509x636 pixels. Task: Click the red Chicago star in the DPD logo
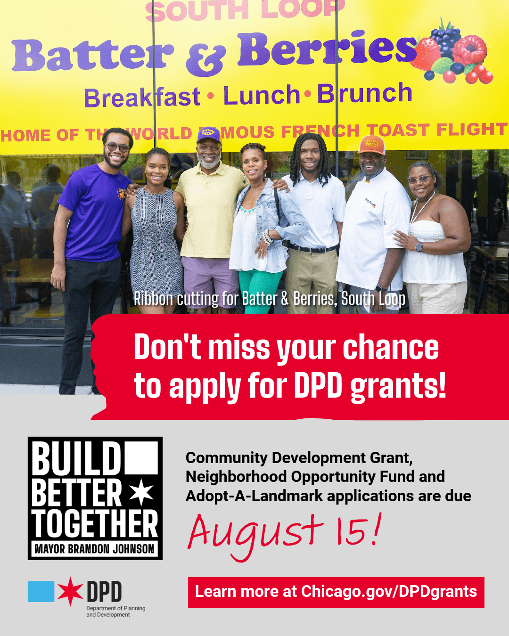[x=70, y=591]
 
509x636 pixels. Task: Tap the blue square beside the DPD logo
[x=41, y=591]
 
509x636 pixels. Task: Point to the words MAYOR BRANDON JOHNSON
[x=95, y=549]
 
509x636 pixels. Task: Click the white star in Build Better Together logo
[x=141, y=492]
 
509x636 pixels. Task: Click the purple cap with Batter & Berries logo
[x=209, y=135]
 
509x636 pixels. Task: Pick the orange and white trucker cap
[x=371, y=145]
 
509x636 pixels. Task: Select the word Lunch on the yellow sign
[x=262, y=95]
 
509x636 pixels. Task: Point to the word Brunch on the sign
[x=365, y=93]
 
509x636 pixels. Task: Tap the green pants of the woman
[x=260, y=291]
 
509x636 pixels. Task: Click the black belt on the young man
[x=312, y=248]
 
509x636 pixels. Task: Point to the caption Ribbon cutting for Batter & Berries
[x=270, y=299]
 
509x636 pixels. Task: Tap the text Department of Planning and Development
[x=115, y=612]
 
